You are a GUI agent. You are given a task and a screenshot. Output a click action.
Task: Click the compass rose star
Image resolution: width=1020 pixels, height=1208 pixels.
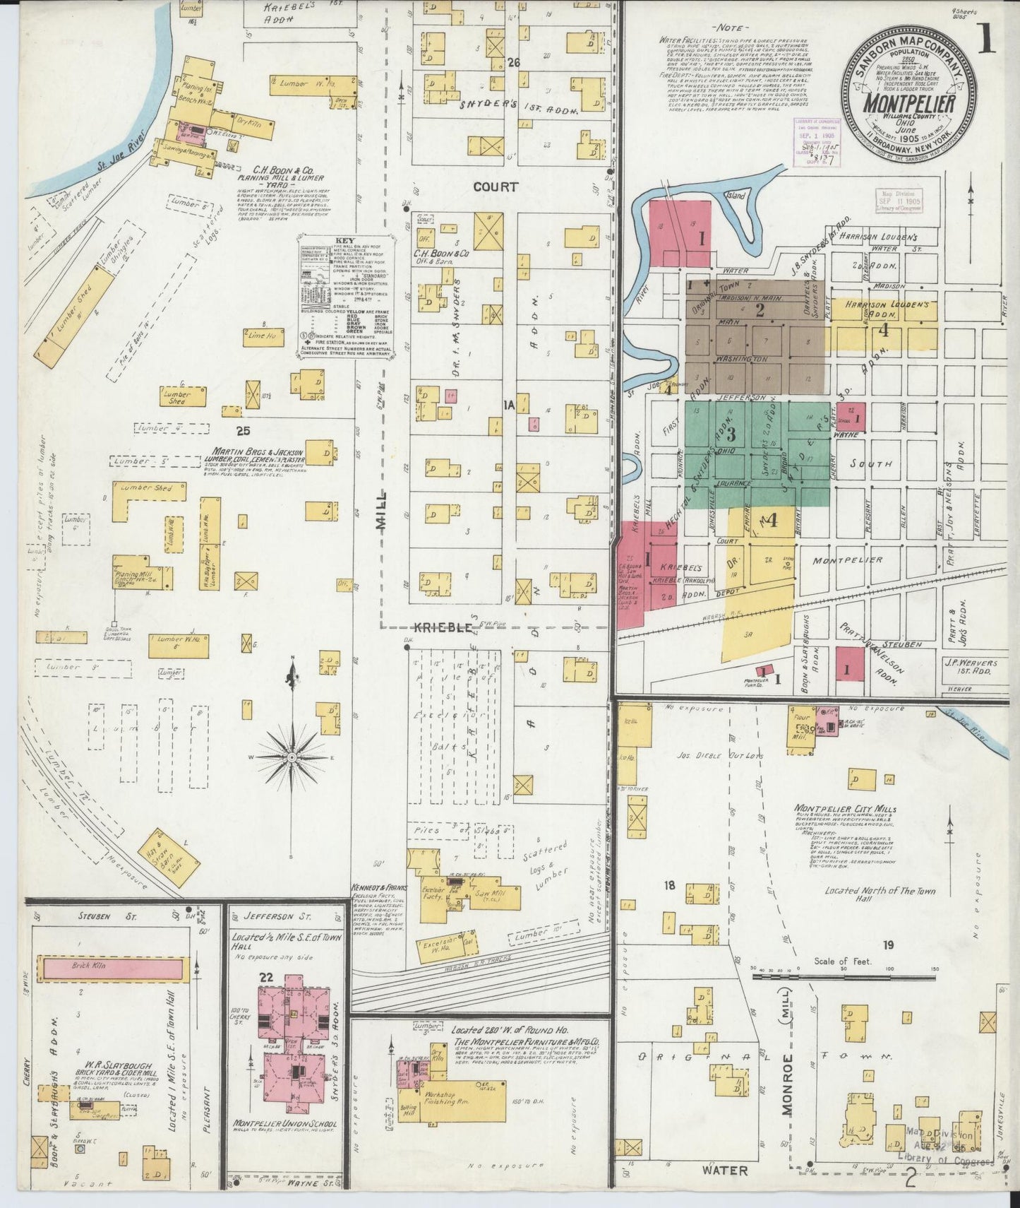291,757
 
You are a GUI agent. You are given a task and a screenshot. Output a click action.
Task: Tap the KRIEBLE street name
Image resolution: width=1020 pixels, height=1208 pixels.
448,627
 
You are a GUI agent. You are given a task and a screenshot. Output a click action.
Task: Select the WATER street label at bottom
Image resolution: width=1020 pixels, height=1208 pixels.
724,1171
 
